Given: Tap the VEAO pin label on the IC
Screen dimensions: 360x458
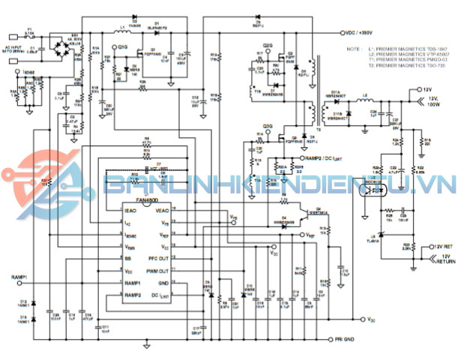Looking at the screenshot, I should pyautogui.click(x=162, y=212).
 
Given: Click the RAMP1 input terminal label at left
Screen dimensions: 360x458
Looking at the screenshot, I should pyautogui.click(x=20, y=277).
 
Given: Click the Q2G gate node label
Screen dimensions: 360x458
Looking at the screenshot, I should pyautogui.click(x=268, y=45).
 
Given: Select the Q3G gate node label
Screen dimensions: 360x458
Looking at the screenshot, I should pyautogui.click(x=268, y=125).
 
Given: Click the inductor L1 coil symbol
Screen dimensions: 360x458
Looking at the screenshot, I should pyautogui.click(x=119, y=33).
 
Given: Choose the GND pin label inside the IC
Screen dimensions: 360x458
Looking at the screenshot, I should pyautogui.click(x=162, y=282).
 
